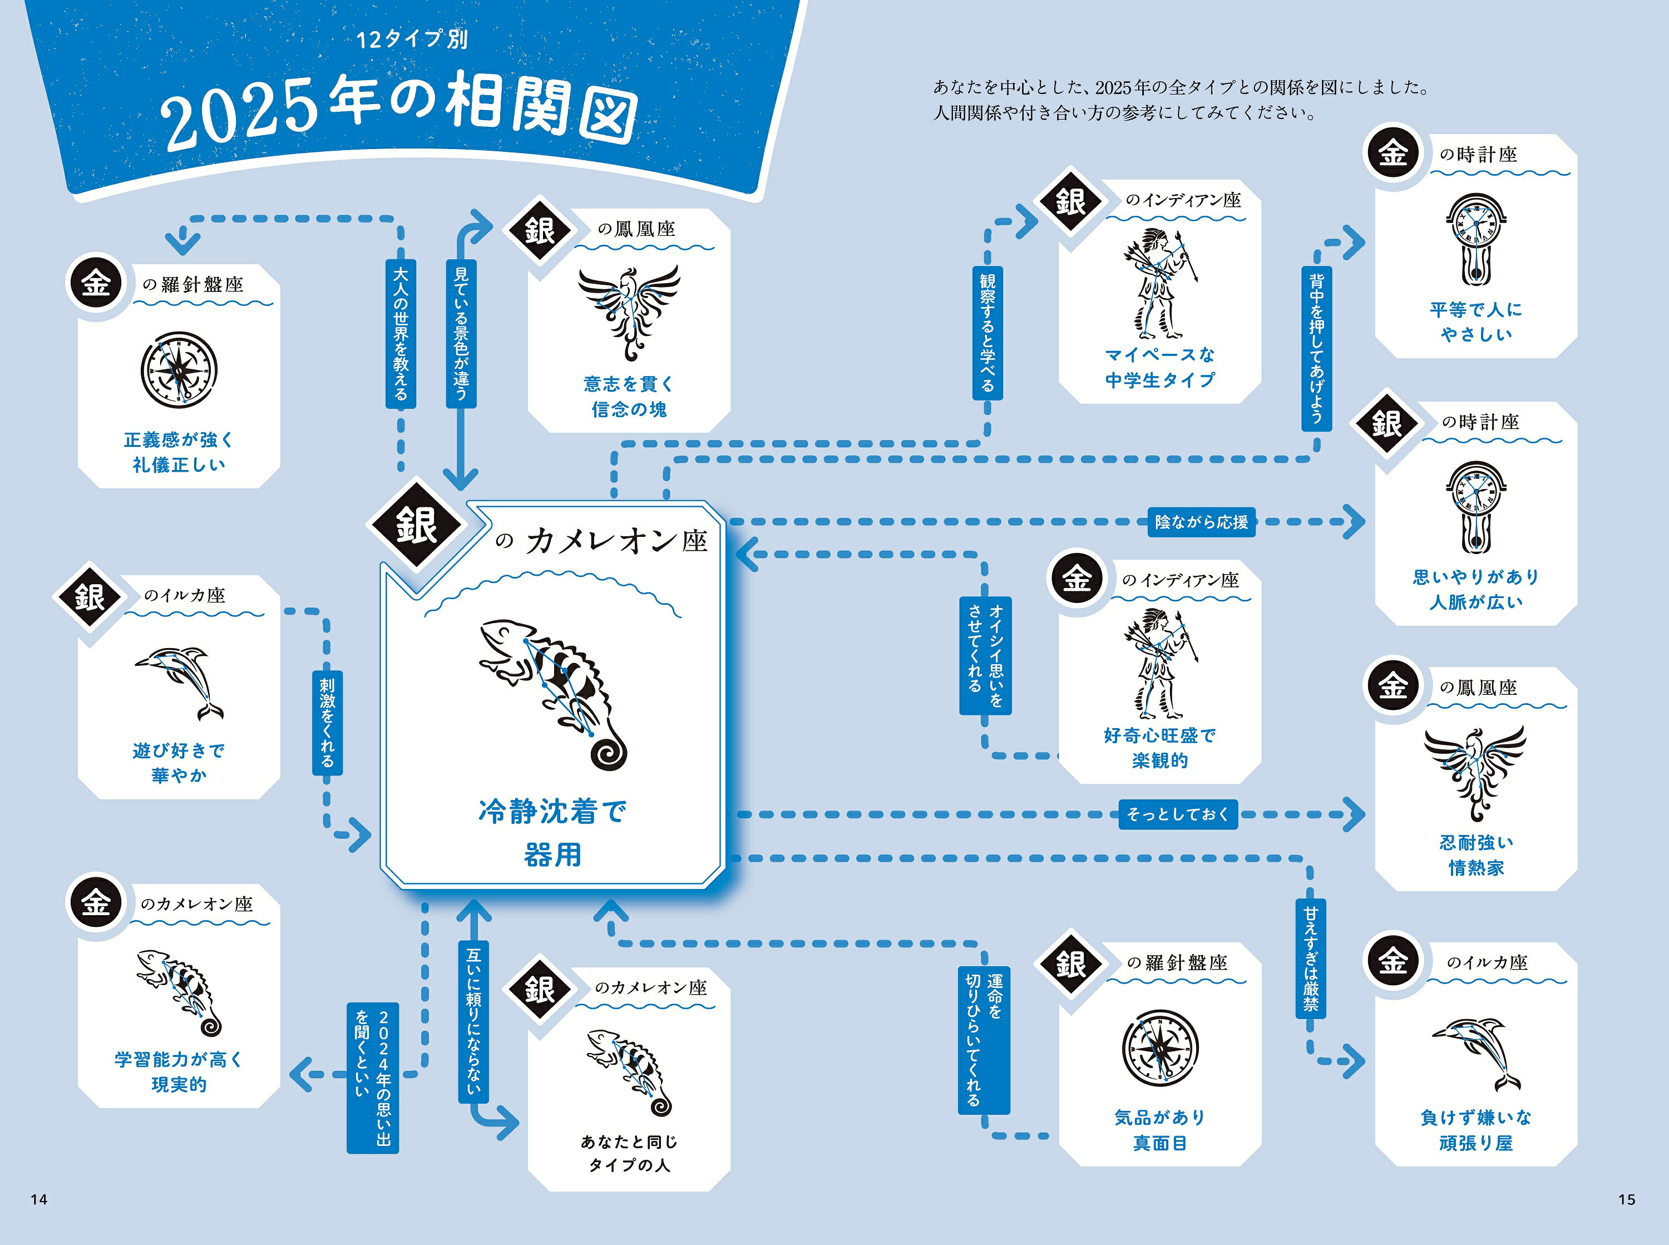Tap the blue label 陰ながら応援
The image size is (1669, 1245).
coord(1201,521)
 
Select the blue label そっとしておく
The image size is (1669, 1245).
coord(1178,814)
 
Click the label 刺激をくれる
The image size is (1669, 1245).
coord(327,723)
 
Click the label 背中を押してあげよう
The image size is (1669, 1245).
coord(1316,348)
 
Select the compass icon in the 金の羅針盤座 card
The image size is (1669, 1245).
coord(179,370)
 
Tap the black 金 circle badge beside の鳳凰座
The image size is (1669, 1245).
coord(1393,686)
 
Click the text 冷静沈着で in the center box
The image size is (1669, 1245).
coord(552,812)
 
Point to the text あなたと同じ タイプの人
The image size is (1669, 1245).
coord(629,1153)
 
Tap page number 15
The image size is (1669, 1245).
coord(1627,1199)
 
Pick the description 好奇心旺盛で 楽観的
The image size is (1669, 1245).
coord(1159,748)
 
